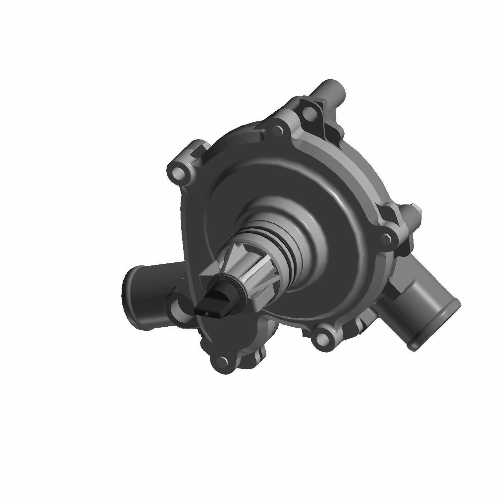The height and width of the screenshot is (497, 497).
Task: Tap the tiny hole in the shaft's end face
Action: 207,312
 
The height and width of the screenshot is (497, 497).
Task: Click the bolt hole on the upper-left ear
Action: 178,172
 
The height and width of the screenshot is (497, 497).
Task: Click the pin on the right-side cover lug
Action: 385,238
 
